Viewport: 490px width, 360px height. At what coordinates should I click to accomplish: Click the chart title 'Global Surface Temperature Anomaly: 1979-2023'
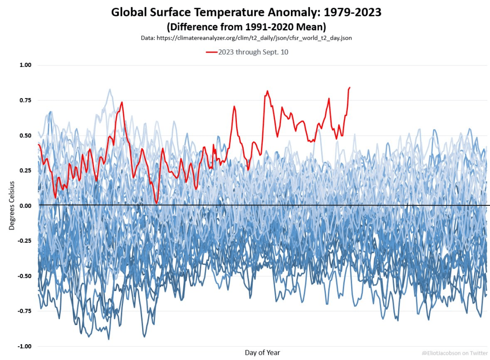click(246, 12)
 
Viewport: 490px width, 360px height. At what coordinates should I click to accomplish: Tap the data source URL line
click(246, 37)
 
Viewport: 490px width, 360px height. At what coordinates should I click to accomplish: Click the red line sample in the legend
click(212, 52)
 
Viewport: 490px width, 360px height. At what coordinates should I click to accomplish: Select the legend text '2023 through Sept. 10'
click(253, 52)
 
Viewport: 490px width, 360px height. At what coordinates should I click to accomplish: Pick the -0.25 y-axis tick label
click(23, 240)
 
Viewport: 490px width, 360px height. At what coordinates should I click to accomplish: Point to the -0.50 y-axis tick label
click(23, 276)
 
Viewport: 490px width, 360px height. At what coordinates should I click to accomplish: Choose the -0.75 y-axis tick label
click(23, 311)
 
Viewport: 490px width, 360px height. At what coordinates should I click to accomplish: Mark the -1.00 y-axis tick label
click(23, 346)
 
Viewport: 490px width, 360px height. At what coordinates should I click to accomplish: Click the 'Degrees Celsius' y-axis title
click(12, 205)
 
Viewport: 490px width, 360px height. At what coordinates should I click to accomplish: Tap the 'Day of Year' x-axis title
click(262, 352)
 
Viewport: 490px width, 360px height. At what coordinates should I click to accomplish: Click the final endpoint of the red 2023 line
click(350, 88)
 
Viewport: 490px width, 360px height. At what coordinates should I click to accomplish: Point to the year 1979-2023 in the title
click(353, 12)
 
